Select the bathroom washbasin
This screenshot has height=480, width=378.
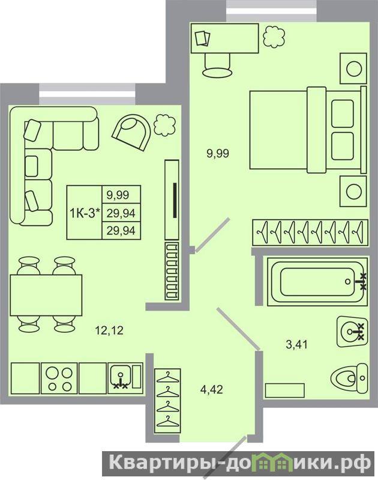(x=352, y=331)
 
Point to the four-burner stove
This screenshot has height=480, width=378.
(x=59, y=378)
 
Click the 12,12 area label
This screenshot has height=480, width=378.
(x=109, y=330)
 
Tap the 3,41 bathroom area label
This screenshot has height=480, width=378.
(x=296, y=344)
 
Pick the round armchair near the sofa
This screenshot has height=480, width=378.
(x=132, y=132)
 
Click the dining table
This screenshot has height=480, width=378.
(x=46, y=295)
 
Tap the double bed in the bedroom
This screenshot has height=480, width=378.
(x=308, y=130)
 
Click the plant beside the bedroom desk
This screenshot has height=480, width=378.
(x=274, y=37)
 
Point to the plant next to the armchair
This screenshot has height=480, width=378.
(x=165, y=124)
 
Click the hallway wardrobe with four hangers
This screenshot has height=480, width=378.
(x=167, y=401)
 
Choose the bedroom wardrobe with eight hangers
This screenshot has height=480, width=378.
(x=310, y=232)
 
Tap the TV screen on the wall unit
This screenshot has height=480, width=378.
(x=175, y=201)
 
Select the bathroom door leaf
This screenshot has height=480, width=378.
(x=238, y=329)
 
